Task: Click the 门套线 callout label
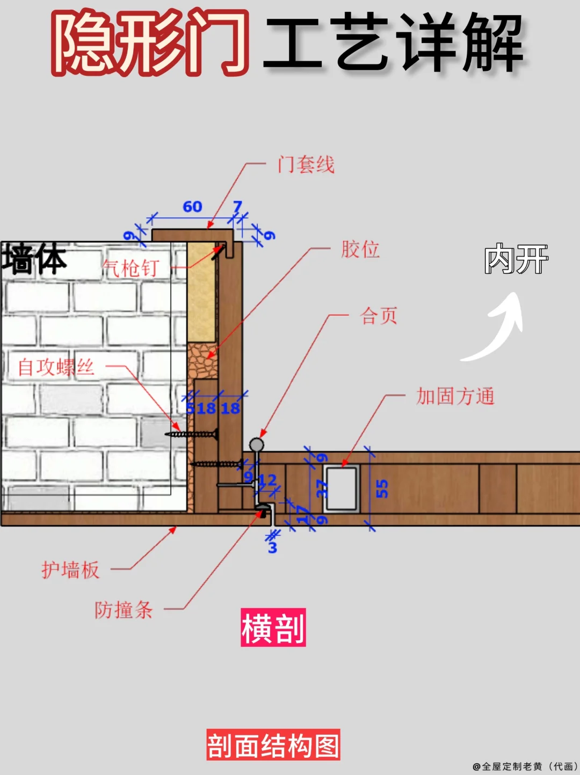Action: coord(306,164)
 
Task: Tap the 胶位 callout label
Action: coord(360,249)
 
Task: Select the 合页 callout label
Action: coord(379,316)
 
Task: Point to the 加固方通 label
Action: coord(455,396)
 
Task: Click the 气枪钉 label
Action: coord(130,268)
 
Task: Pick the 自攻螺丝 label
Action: coord(56,367)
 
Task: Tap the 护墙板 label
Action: coord(70,569)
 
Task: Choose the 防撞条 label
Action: coord(124,610)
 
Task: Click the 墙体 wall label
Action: coord(34,259)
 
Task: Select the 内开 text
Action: coord(516,259)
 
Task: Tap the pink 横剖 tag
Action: coord(273,627)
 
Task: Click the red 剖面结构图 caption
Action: coord(273,745)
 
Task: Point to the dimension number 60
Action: coord(192,207)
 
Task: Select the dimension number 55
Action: coord(381,488)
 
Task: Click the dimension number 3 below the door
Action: coord(272,547)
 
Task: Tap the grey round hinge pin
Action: coord(257,444)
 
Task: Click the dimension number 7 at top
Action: coord(237,206)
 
